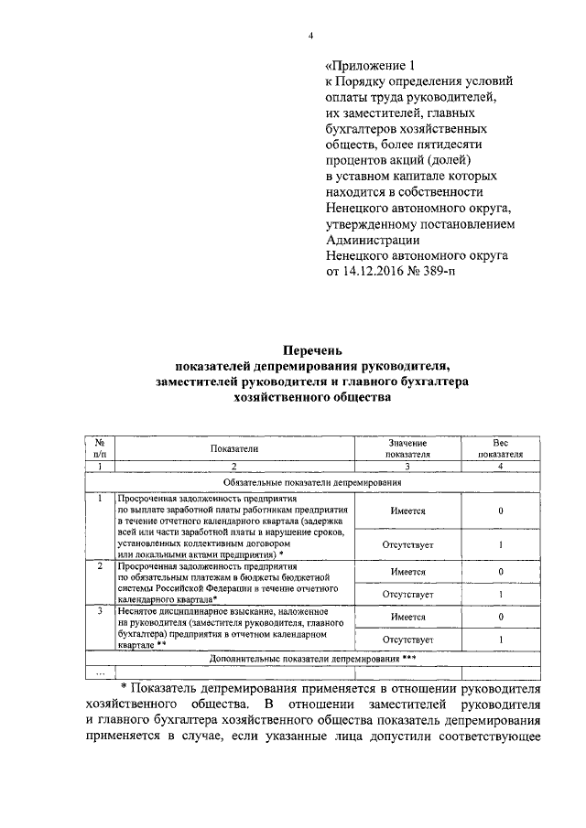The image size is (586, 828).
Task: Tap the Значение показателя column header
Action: pos(407,447)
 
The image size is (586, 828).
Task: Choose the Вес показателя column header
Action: pos(500,447)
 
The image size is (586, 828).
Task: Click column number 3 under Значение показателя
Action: pos(407,466)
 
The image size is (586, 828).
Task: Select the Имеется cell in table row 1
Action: pos(407,511)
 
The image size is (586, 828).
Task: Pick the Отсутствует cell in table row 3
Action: pos(407,639)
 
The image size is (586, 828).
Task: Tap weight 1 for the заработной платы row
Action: pos(500,544)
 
